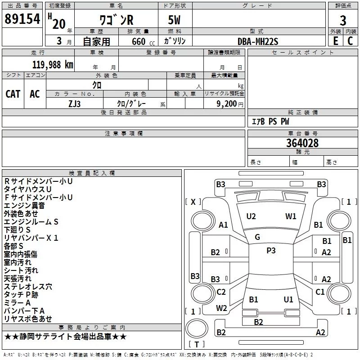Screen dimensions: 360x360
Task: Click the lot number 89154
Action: pos(22,19)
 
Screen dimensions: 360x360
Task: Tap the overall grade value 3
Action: pos(343,20)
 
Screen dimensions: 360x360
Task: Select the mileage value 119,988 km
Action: pos(53,65)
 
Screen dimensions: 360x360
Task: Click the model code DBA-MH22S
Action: pos(258,41)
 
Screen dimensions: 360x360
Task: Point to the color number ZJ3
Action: pos(74,104)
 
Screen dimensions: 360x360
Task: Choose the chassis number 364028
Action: pos(302,143)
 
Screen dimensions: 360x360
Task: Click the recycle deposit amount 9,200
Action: pos(227,104)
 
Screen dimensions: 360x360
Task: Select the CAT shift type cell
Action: pos(13,94)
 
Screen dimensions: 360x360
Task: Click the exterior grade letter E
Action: pos(336,41)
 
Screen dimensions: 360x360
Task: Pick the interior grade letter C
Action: pos(350,41)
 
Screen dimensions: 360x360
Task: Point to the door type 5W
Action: pos(174,20)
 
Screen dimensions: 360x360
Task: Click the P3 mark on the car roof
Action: pos(271,250)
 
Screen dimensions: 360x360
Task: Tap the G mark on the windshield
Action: pos(257,237)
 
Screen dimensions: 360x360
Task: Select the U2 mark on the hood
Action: pos(251,216)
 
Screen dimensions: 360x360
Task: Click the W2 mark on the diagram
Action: pos(221,308)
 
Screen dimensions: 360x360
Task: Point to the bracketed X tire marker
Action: pos(193,202)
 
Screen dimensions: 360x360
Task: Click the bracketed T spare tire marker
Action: pos(197,344)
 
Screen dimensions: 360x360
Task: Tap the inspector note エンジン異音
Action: pos(24,206)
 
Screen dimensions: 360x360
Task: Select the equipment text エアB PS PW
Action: pos(270,121)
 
